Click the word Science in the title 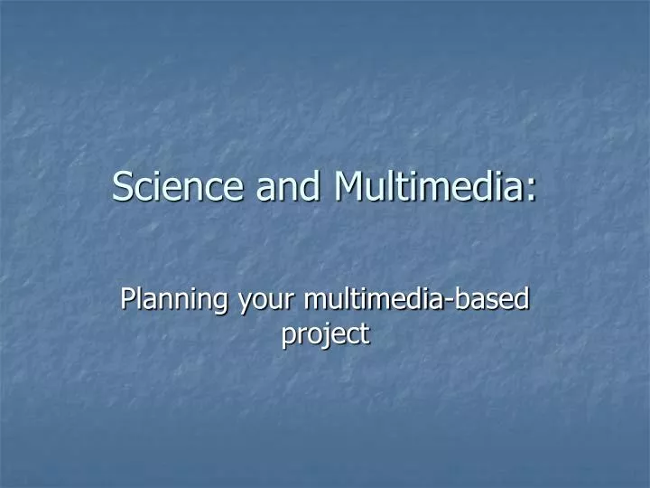pos(178,186)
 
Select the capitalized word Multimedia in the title pos(427,186)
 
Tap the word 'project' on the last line pos(325,334)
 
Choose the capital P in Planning pos(127,297)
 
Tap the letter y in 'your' pos(242,301)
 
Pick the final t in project pos(365,334)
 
